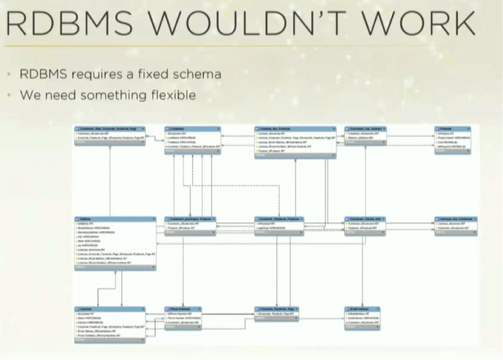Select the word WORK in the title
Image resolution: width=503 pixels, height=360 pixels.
click(x=418, y=23)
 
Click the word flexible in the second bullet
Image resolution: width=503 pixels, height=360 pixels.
click(x=174, y=95)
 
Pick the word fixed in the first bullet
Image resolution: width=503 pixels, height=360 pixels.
click(x=153, y=74)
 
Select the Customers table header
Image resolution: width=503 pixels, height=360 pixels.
click(x=193, y=129)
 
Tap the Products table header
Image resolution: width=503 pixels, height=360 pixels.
click(x=452, y=129)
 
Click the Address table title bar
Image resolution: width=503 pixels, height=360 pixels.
click(x=115, y=219)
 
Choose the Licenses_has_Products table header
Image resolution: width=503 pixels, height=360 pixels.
click(x=295, y=129)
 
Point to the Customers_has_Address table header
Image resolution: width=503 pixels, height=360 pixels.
click(x=365, y=129)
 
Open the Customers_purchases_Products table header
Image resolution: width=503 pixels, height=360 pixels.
click(x=190, y=219)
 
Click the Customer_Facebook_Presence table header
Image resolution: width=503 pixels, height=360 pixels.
click(x=279, y=219)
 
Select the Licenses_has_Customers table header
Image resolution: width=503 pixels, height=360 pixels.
click(x=456, y=219)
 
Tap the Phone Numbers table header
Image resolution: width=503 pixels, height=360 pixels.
click(x=183, y=309)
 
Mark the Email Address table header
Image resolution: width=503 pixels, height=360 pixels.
click(x=362, y=309)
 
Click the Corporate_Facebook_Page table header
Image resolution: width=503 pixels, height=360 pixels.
click(x=276, y=309)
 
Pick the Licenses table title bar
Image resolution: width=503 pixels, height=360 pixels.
click(x=110, y=309)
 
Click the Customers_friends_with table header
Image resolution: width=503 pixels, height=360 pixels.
click(x=365, y=219)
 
